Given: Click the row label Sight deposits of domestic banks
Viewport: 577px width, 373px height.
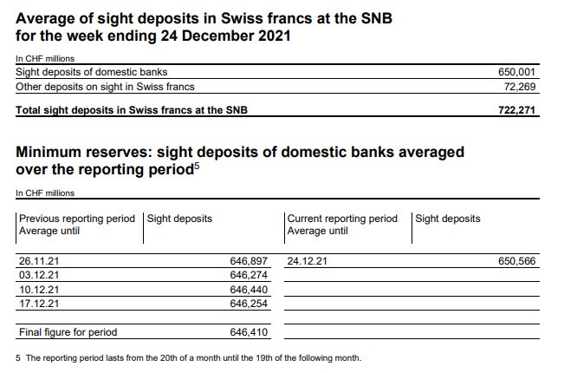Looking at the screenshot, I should (93, 71).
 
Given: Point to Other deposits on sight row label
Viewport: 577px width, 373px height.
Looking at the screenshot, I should (106, 87).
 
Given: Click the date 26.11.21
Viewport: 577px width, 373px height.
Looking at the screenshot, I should (39, 259).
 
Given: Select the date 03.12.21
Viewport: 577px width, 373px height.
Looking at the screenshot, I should (39, 274).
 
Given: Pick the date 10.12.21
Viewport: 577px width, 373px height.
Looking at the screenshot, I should (39, 289).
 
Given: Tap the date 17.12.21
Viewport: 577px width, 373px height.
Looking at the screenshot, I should (39, 304).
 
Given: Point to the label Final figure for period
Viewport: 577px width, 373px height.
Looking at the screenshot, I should (68, 332).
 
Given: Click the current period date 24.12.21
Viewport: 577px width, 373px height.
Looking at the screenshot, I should (308, 259).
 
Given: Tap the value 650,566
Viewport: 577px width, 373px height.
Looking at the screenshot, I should (518, 259).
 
